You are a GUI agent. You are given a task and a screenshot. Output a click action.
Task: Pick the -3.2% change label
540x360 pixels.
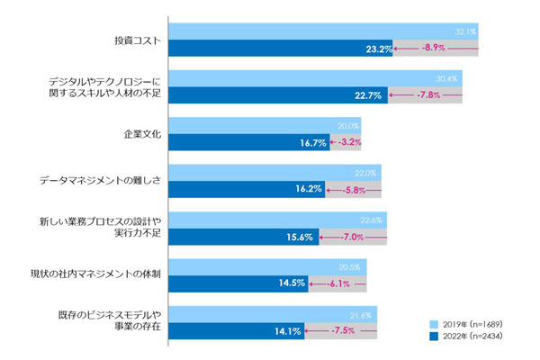[346, 142]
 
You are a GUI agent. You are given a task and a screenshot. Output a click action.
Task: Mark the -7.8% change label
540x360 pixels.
[425, 94]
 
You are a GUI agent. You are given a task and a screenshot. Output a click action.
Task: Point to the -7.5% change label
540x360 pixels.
[338, 330]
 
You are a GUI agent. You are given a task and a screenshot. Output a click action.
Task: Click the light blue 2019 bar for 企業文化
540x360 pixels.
[252, 126]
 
